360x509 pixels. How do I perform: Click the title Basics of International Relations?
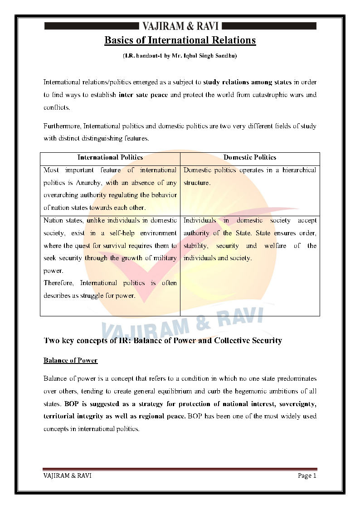click(180, 40)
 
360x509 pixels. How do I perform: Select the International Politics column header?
click(110, 158)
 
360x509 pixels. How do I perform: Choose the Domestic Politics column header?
click(250, 158)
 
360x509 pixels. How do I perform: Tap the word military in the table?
click(165, 258)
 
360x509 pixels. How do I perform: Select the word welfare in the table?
click(275, 246)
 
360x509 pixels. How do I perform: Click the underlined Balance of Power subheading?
click(70, 361)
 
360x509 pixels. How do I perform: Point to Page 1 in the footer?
click(307, 475)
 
